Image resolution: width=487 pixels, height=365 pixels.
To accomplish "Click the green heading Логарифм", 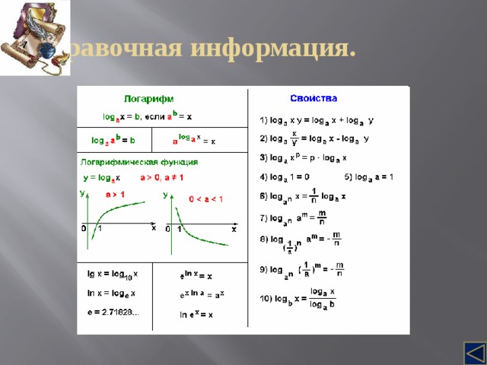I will (x=150, y=98).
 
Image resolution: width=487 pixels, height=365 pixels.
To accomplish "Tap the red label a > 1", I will (x=115, y=195).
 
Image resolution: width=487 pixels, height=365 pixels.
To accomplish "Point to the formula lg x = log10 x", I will (x=111, y=274).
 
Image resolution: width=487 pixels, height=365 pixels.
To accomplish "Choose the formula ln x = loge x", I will (x=111, y=293).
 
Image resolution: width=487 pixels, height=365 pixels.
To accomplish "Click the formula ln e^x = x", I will (x=196, y=313).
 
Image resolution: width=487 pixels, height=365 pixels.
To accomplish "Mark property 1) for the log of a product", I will (x=317, y=120).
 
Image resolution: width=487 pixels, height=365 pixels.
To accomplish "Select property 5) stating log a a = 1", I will (x=367, y=176).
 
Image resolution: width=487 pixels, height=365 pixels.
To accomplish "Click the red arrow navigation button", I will (x=475, y=354).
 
